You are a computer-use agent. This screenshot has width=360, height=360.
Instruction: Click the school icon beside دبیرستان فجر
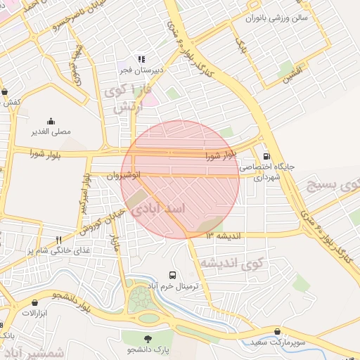click(x=141, y=59)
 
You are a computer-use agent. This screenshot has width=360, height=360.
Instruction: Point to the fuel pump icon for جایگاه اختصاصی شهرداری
click(x=266, y=157)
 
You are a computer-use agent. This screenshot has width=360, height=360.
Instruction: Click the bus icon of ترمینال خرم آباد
click(x=173, y=274)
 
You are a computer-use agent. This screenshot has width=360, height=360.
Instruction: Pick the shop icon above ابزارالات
click(x=34, y=302)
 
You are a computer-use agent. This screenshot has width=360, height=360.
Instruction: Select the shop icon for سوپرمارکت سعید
click(x=278, y=331)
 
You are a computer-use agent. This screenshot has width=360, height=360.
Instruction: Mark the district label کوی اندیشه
click(x=231, y=263)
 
